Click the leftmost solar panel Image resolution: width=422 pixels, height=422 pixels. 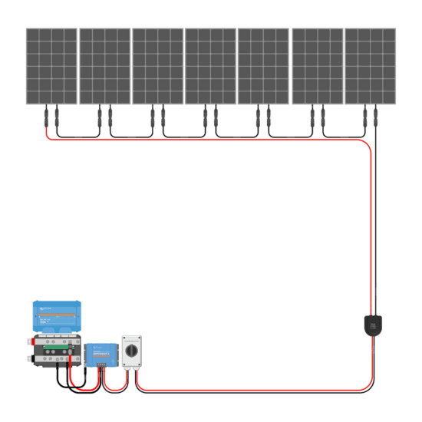click(x=51, y=66)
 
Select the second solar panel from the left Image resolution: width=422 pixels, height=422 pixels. click(x=105, y=66)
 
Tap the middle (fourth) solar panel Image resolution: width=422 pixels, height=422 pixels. click(x=211, y=66)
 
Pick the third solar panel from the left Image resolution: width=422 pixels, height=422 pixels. click(x=158, y=66)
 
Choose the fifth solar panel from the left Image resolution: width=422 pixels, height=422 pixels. click(x=264, y=66)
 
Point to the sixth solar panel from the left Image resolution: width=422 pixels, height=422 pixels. click(x=318, y=66)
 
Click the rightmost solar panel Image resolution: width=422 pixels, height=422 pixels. click(x=371, y=66)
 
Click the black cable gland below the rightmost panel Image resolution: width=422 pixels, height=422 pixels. click(x=372, y=325)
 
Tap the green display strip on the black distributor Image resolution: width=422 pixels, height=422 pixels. click(x=58, y=351)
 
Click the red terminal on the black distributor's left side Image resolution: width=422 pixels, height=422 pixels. click(x=33, y=342)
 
